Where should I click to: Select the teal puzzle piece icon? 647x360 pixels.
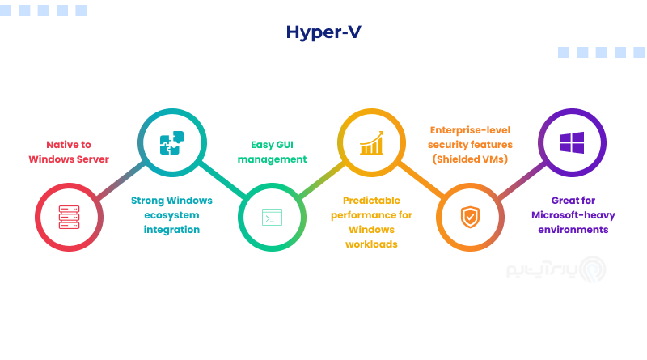171,142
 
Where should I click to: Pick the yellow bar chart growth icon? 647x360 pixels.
370,142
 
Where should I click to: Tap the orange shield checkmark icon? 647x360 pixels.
469,217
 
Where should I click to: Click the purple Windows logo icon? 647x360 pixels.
571,142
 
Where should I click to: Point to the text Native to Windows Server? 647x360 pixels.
69,151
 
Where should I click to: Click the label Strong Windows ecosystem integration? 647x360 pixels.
171,215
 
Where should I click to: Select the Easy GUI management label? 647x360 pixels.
273,151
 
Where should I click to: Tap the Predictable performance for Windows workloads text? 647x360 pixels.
372,222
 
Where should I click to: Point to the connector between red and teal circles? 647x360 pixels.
121,180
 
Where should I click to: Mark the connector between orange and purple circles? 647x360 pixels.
520,180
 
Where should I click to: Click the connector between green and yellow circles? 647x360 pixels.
320,180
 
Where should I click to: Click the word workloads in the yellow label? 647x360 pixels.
372,244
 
